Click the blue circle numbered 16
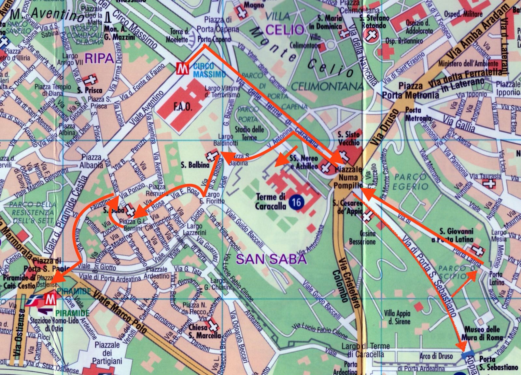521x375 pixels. pos(296,202)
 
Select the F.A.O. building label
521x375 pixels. pos(183,107)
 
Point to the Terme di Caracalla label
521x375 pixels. pos(270,201)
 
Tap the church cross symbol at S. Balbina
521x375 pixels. pos(212,155)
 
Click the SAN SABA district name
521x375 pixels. pos(271,259)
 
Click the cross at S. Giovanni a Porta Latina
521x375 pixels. pos(479,250)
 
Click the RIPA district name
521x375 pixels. pos(99,58)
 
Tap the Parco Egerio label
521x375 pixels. pos(410,182)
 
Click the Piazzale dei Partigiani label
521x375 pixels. pos(106,353)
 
